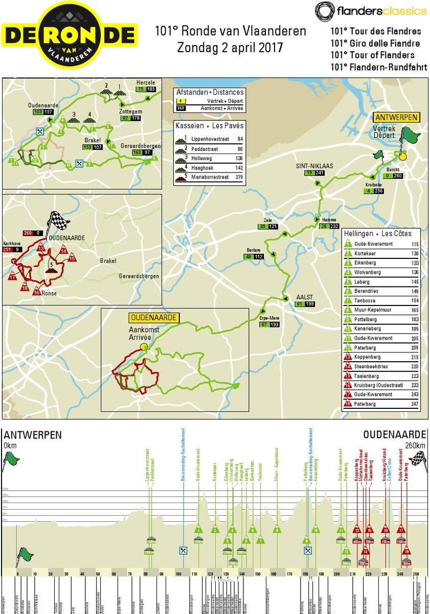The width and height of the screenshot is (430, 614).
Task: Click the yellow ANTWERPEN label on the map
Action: (x=396, y=117)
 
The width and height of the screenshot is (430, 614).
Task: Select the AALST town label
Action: (x=304, y=296)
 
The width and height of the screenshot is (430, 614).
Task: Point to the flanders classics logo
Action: (x=371, y=11)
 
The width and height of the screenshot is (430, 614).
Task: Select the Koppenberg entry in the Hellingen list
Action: (x=367, y=357)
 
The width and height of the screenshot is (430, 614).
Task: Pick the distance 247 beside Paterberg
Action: (x=414, y=404)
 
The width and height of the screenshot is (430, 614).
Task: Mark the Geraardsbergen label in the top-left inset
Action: (x=141, y=146)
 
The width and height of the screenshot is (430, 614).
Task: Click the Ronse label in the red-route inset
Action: (x=49, y=293)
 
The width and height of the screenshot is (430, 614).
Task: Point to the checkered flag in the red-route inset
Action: (x=59, y=221)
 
